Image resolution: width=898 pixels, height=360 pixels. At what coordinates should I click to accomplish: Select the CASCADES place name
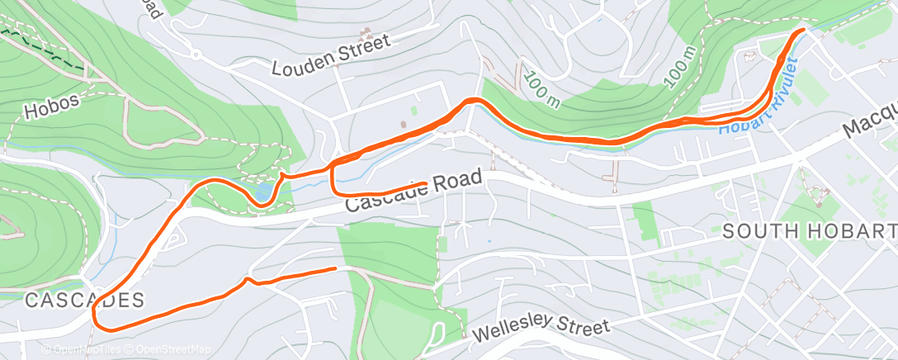point(73,299)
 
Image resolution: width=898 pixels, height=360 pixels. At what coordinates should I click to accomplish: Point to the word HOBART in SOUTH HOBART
point(852,231)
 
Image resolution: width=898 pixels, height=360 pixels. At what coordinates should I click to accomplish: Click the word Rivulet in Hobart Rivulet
point(786,83)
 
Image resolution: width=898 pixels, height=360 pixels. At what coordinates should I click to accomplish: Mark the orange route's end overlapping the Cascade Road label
point(426,183)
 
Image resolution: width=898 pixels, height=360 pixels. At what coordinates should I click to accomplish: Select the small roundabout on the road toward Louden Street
point(196,55)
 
